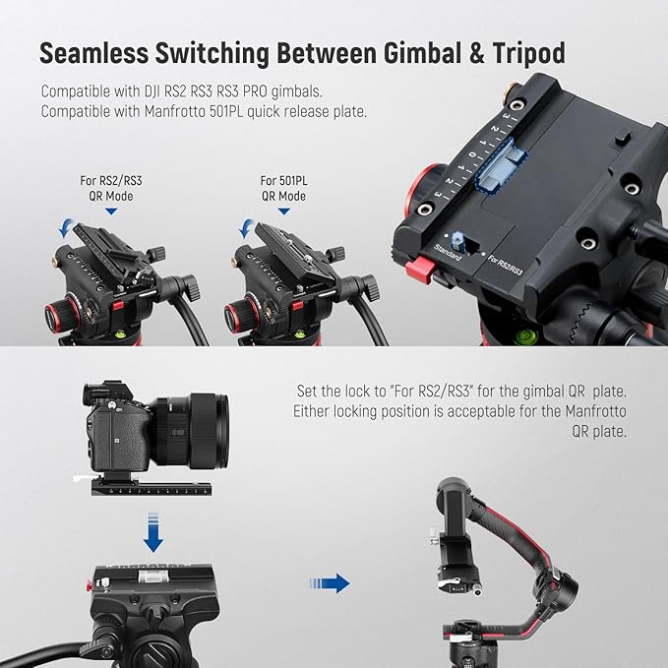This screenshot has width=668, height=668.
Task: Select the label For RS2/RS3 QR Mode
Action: point(111,188)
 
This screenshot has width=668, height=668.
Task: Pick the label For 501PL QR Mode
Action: point(282,188)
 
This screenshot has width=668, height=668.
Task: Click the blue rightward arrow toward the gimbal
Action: point(335,584)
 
